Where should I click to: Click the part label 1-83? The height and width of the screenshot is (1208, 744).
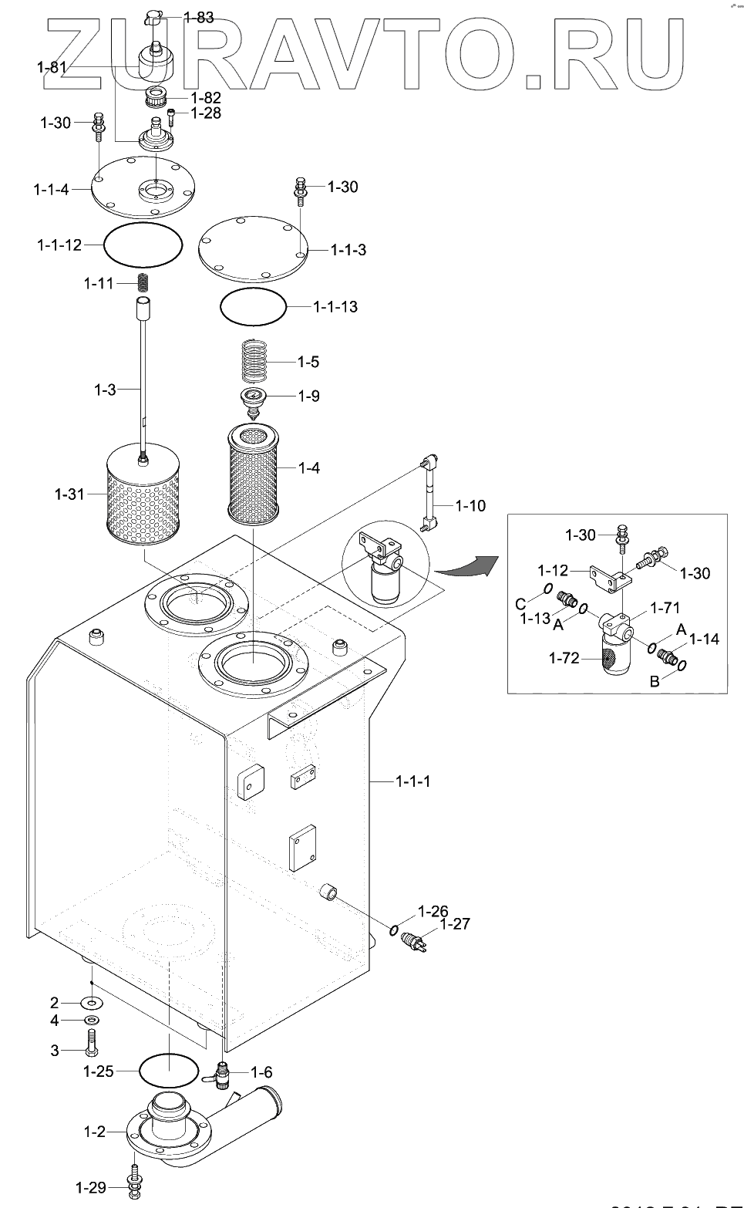point(199,17)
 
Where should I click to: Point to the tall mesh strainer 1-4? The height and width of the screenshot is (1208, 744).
point(253,474)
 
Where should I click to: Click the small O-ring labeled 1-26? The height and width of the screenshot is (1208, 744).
point(395,930)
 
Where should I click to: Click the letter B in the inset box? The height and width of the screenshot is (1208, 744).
point(654,681)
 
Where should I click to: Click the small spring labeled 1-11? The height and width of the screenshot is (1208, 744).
point(143,283)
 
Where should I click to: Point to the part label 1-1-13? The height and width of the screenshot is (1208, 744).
point(335,307)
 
